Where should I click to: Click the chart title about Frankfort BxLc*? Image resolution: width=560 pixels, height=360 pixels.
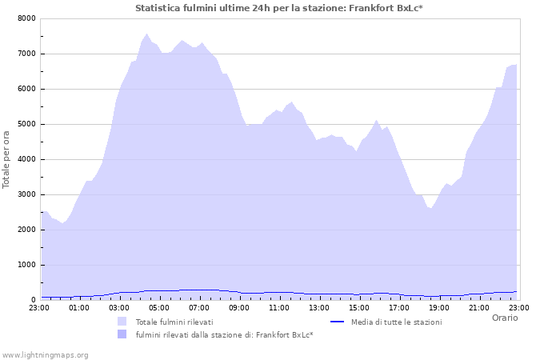[279, 8]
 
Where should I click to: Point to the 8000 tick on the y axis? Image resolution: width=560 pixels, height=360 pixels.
[26, 18]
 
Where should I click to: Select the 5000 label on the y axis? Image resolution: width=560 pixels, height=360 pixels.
[26, 124]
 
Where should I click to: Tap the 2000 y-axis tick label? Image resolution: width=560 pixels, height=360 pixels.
[26, 230]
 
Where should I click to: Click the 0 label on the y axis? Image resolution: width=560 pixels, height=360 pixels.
[33, 300]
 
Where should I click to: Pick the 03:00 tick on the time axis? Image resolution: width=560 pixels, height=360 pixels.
[119, 307]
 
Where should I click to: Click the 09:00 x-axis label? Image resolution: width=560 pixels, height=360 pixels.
[239, 307]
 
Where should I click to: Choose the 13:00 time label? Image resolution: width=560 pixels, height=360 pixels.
[319, 307]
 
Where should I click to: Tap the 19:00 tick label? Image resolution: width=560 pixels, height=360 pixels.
[439, 307]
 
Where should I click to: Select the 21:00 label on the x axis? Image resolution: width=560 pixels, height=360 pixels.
[479, 307]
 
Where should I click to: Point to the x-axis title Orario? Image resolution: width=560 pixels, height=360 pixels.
[504, 318]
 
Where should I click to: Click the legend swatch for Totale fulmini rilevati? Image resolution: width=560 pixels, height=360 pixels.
[122, 322]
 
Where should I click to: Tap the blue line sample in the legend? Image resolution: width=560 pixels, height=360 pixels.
[337, 322]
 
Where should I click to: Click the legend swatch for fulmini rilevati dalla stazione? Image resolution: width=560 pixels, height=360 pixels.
[122, 334]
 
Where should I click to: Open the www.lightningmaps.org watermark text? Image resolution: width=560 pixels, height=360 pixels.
[45, 354]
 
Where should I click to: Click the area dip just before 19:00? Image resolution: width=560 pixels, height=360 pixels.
[431, 208]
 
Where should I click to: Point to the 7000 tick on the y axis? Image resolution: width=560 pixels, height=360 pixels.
[26, 54]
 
